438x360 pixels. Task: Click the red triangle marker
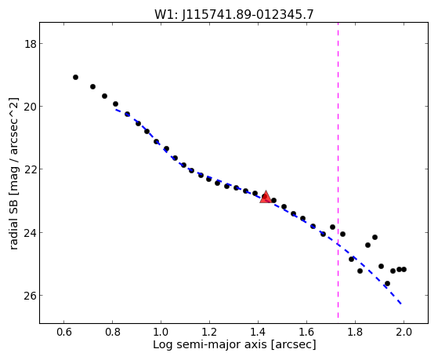click(266, 197)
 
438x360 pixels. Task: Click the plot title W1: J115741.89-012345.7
click(234, 14)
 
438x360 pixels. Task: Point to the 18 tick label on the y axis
click(30, 44)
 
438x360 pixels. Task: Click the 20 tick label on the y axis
click(30, 107)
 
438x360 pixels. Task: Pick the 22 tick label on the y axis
click(30, 169)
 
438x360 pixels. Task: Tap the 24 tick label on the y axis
click(30, 232)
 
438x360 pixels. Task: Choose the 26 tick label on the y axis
click(30, 296)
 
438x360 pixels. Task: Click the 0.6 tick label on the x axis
click(64, 332)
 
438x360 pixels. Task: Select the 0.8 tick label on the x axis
click(113, 332)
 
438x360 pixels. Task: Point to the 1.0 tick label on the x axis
click(161, 332)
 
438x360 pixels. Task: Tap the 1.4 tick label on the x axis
click(258, 332)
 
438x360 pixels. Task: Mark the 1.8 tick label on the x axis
click(355, 332)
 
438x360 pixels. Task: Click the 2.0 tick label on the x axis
click(404, 332)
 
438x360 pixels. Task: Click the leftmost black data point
click(75, 77)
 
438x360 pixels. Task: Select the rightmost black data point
click(404, 269)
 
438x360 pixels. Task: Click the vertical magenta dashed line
click(338, 170)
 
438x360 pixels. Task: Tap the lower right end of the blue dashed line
click(401, 304)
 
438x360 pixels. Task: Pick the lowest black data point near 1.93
click(387, 284)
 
